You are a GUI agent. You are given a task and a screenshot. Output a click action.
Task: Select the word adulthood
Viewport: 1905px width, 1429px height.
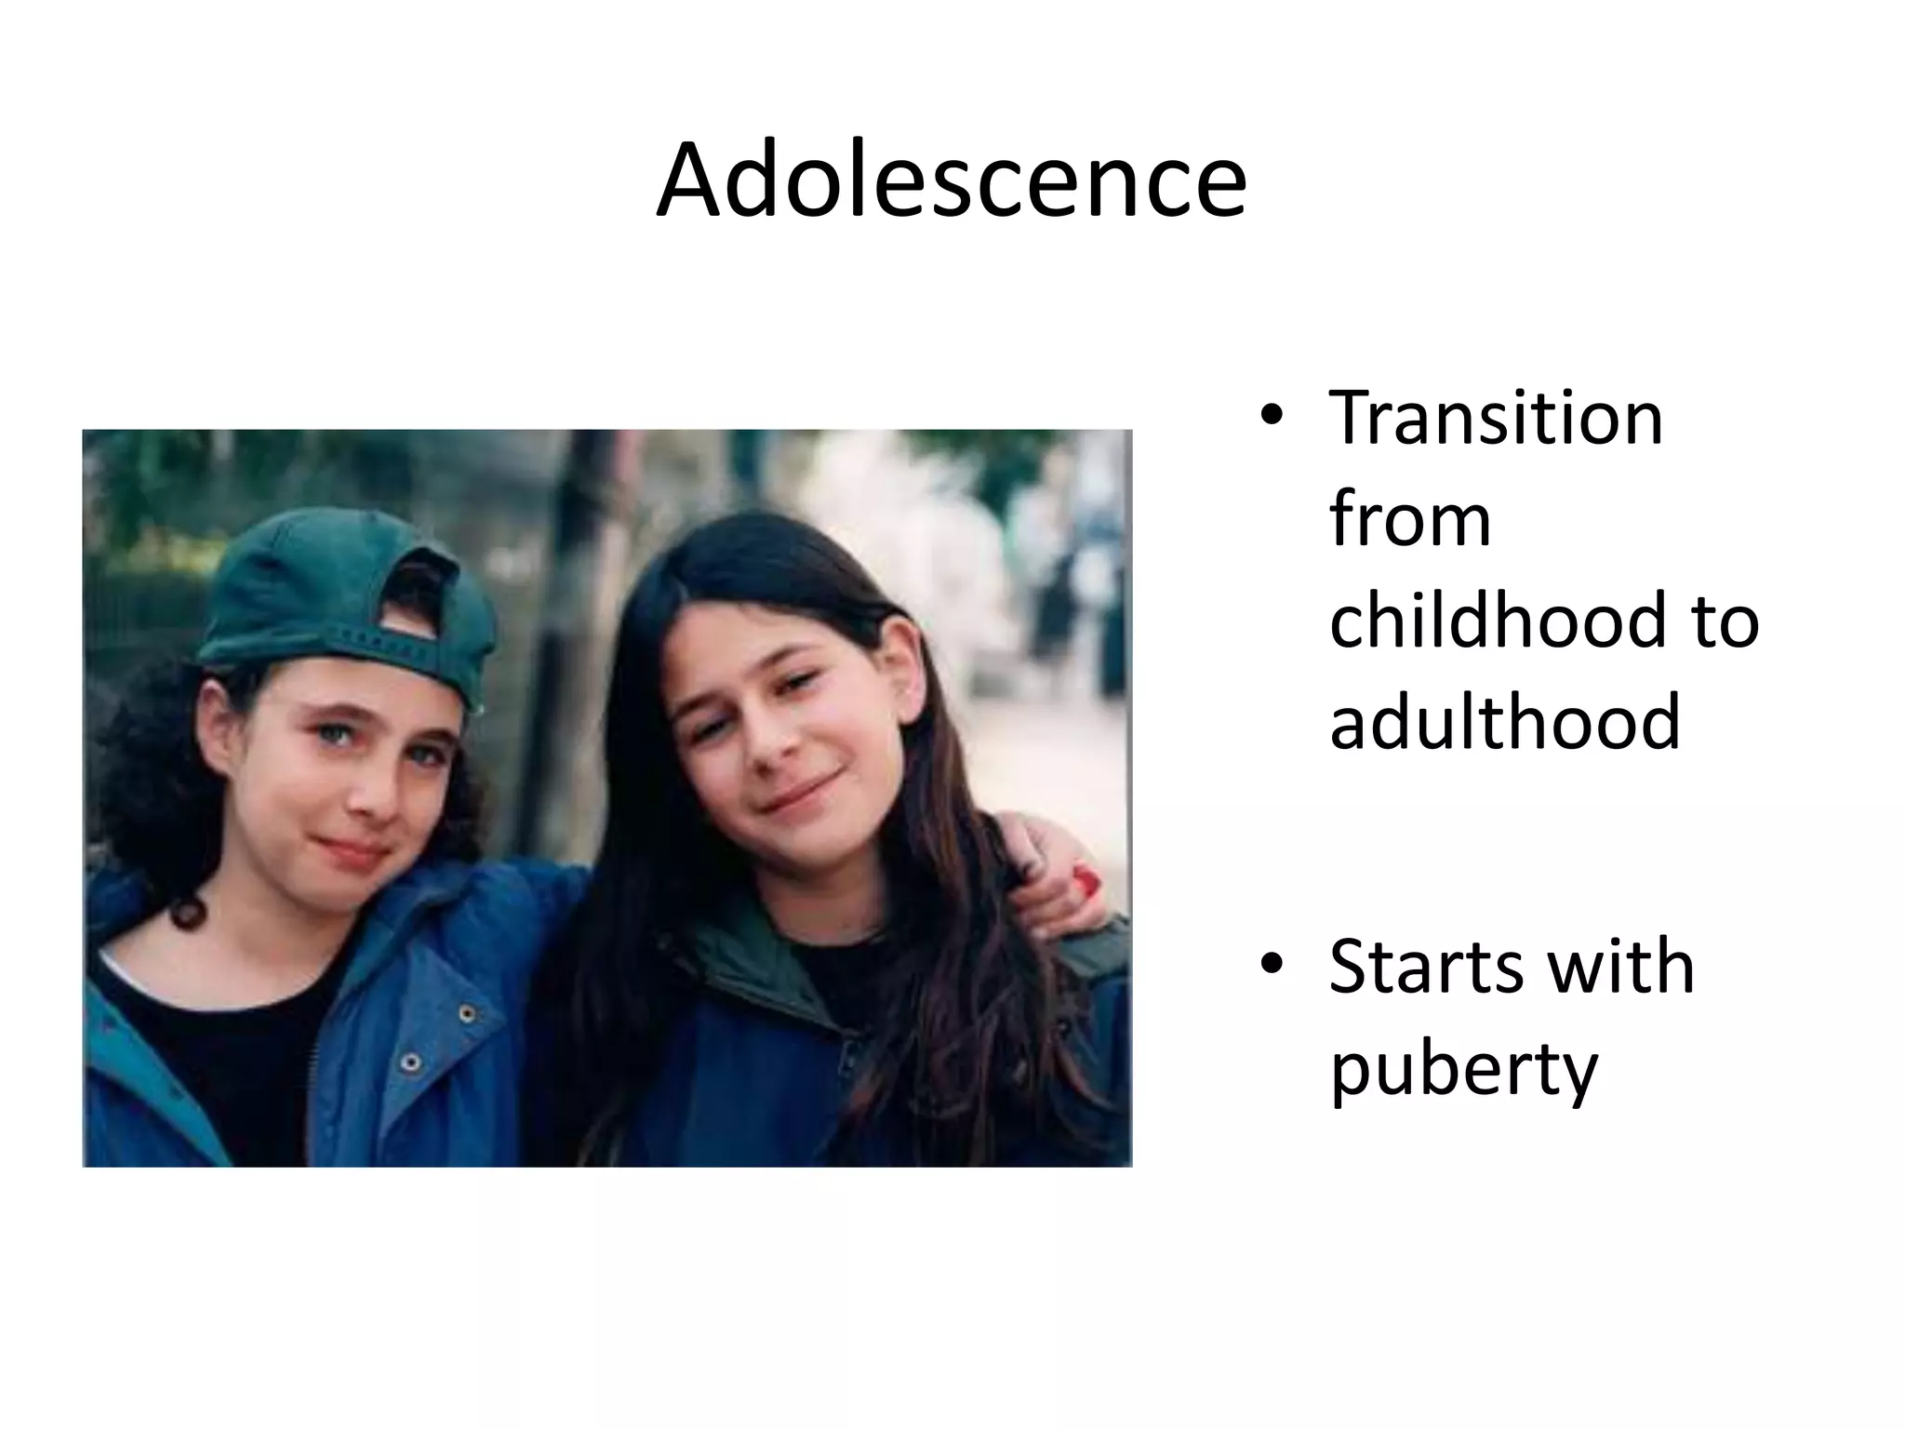click(x=1505, y=721)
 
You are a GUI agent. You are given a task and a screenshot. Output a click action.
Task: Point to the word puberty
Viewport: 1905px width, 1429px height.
click(x=1463, y=1071)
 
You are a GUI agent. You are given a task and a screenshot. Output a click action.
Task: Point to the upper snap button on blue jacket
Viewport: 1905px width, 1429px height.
click(x=468, y=1012)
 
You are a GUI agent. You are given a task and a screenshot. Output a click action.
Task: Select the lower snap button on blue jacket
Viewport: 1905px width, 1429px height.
click(x=410, y=1062)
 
